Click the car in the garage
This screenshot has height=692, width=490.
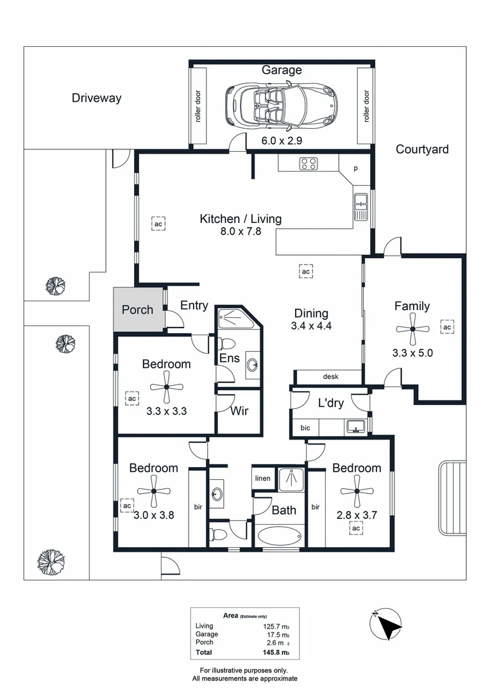coord(281,104)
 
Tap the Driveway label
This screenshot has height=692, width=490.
coord(96,98)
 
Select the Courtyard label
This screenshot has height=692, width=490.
coord(422,149)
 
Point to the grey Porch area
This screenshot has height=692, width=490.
coord(137,309)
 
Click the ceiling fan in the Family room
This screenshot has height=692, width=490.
coord(412,329)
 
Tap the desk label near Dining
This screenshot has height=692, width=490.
coord(331,377)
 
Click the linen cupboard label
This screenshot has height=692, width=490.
coord(263,479)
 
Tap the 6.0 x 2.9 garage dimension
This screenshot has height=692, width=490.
coord(282,140)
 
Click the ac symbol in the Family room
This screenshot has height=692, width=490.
coord(447,327)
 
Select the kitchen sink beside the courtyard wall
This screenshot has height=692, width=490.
coord(360,206)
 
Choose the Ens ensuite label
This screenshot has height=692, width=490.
coord(230,358)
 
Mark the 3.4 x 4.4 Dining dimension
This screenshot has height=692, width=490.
coord(311,325)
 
